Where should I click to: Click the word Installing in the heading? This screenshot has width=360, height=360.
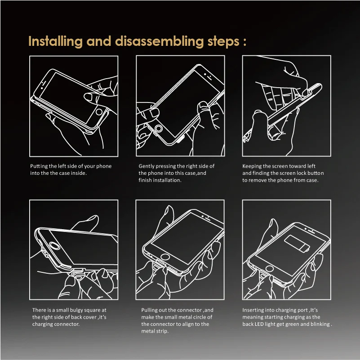click(55, 41)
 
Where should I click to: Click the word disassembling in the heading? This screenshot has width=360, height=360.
click(160, 41)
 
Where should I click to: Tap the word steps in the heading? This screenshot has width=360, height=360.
click(223, 42)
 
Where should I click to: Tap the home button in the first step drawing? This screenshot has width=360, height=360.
click(99, 112)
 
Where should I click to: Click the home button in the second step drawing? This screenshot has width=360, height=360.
click(159, 129)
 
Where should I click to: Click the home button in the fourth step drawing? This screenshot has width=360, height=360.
click(55, 246)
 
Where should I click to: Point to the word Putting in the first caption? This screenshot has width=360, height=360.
click(39, 166)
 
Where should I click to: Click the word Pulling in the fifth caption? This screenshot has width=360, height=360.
click(149, 310)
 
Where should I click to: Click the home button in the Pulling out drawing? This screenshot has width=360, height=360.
click(165, 257)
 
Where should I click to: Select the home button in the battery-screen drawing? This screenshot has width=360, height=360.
click(270, 268)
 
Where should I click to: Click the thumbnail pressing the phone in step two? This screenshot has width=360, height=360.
click(204, 105)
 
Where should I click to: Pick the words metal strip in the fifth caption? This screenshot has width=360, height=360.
click(155, 331)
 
